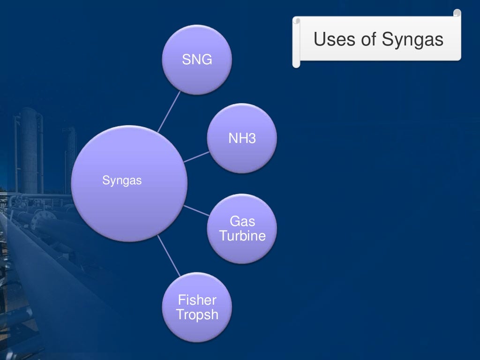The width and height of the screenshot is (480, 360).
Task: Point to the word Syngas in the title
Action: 412,40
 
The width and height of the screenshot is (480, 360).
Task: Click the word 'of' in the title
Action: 368,39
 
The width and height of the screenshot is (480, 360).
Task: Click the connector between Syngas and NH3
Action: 197,157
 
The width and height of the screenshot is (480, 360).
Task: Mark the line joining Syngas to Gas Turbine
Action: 197,210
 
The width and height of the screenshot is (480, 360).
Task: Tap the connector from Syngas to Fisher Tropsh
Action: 169,255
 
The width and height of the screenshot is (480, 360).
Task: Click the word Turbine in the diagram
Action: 242,236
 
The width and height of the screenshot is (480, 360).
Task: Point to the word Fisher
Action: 197,300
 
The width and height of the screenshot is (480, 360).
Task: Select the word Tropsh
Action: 197,315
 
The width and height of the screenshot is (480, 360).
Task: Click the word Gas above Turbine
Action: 242,221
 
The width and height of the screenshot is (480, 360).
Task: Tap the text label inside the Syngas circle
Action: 122,180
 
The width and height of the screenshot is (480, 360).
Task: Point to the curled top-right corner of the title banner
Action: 457,14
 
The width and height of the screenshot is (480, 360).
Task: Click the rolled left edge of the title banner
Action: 296,42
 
